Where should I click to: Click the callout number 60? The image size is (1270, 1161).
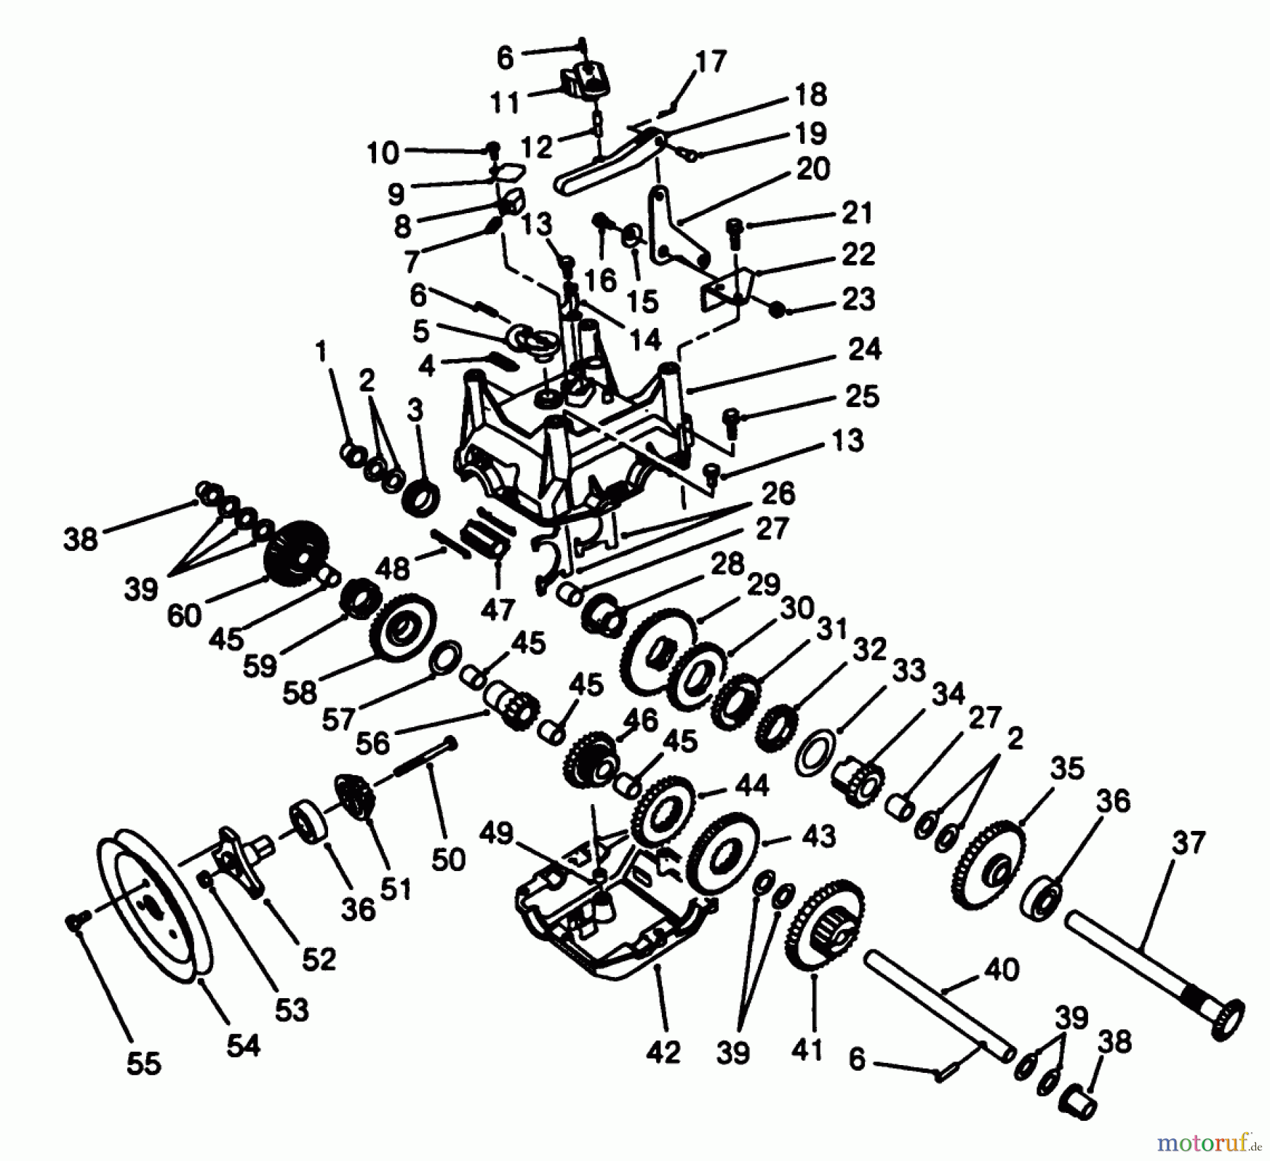pyautogui.click(x=185, y=615)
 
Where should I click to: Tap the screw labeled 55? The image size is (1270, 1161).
pyautogui.click(x=73, y=919)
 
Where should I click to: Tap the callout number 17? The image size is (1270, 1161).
pyautogui.click(x=710, y=62)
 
